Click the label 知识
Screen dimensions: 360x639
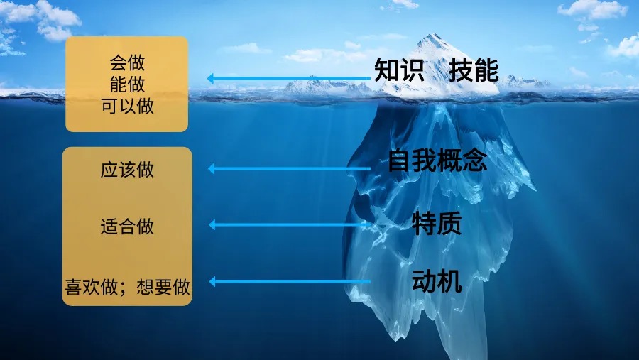click(x=399, y=71)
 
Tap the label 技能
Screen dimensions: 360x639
click(x=474, y=71)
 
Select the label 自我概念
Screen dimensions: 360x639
click(x=437, y=161)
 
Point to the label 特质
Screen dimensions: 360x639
click(x=437, y=223)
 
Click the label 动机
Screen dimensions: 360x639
click(x=437, y=282)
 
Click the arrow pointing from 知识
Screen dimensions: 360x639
click(x=291, y=78)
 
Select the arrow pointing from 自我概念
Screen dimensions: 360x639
click(x=291, y=169)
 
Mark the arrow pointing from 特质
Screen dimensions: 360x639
click(x=291, y=225)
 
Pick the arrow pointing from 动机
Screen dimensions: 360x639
click(x=291, y=282)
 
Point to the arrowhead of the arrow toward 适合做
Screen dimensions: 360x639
click(x=213, y=225)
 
